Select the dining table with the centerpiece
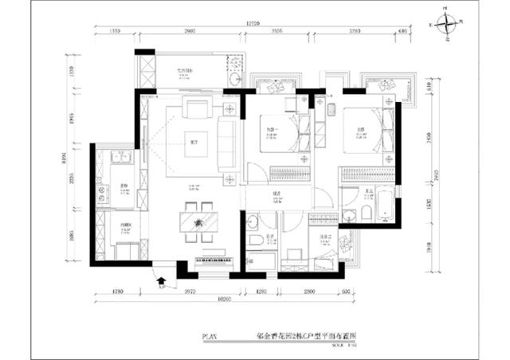(x=196, y=223)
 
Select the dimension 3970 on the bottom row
(x=188, y=291)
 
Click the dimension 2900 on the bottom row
(x=311, y=291)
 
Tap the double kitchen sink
(x=122, y=159)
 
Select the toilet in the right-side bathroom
(x=364, y=211)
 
